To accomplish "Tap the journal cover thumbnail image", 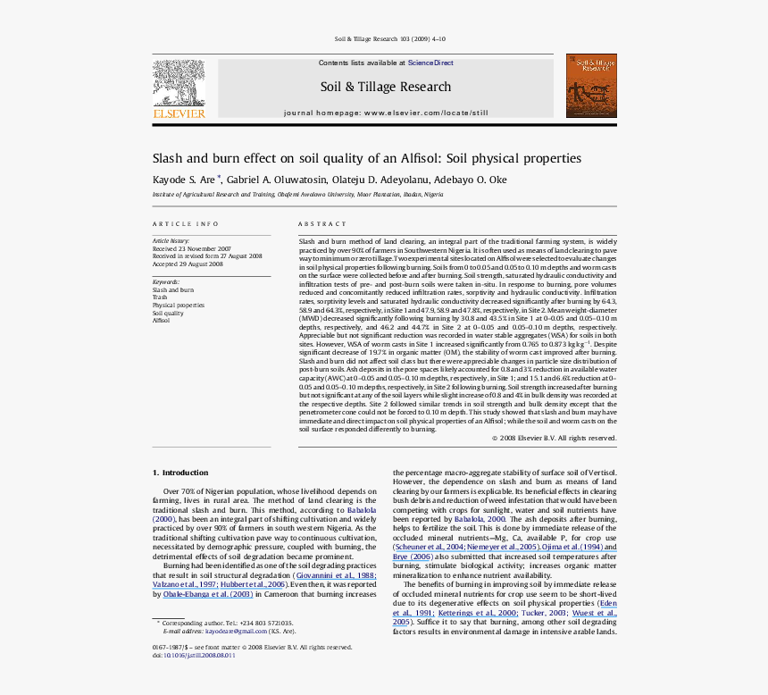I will (x=591, y=86).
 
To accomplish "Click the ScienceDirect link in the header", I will (x=430, y=63).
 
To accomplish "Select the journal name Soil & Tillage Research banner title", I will (x=386, y=87).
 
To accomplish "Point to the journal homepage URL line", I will (x=386, y=113).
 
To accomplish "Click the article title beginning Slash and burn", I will (x=366, y=158).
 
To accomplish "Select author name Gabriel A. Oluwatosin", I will (x=262, y=180).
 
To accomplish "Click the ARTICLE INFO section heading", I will (x=185, y=224).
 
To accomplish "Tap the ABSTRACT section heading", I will (x=321, y=224).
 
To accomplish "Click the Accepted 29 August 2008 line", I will (x=188, y=264).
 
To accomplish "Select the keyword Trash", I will (x=160, y=297).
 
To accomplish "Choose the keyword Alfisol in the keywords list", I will (x=161, y=320).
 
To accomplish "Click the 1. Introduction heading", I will (x=179, y=473).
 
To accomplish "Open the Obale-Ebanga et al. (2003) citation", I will (x=206, y=593).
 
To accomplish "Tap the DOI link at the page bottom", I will (x=199, y=655).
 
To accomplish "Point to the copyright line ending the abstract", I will (x=554, y=438).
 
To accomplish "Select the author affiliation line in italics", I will (x=297, y=194).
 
